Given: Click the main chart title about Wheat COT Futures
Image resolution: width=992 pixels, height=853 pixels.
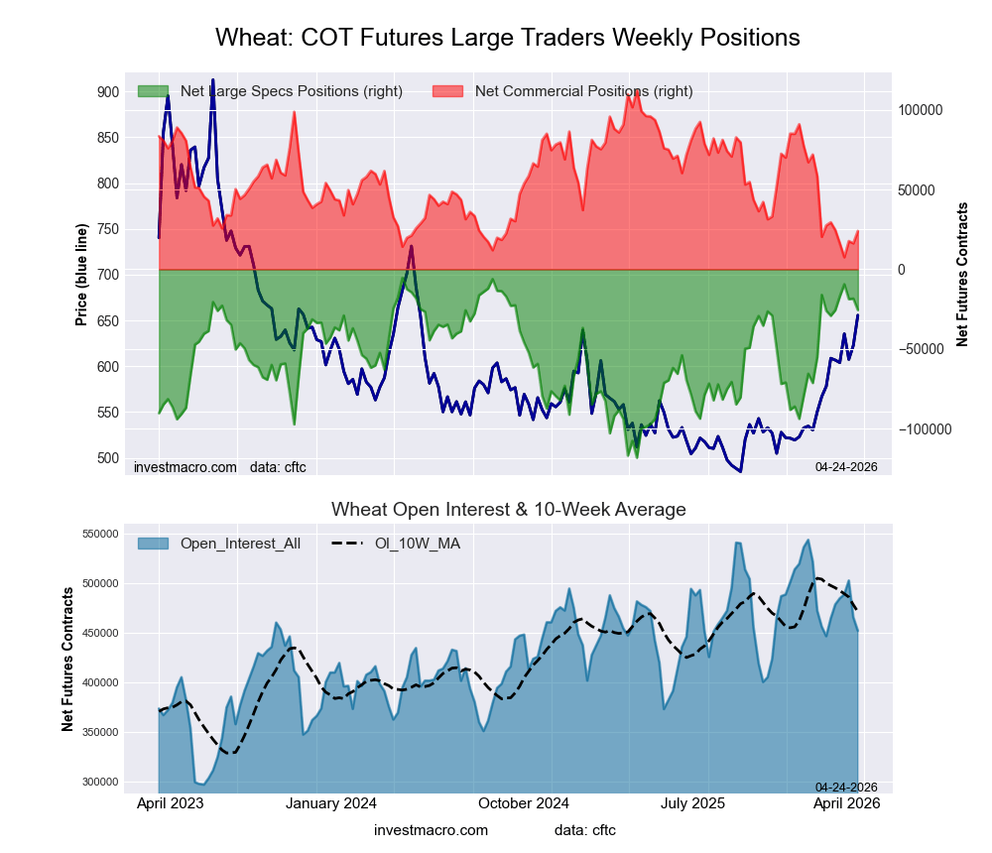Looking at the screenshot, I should click(507, 38).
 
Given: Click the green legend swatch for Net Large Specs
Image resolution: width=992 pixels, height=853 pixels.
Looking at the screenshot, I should click(152, 91).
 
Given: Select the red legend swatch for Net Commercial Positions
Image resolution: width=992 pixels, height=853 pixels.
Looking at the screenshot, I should click(447, 91).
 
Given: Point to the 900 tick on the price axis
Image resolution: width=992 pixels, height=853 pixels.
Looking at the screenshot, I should click(106, 92).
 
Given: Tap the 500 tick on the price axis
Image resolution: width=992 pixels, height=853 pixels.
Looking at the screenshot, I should click(106, 458).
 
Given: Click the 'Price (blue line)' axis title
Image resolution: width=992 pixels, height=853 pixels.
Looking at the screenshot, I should click(81, 277).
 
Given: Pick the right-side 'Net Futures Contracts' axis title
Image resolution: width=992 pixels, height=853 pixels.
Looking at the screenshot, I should click(962, 275).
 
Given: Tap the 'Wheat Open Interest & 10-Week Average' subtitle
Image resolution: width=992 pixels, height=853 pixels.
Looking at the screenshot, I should click(508, 510).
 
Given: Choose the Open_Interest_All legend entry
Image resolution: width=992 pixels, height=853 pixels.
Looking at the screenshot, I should click(218, 543).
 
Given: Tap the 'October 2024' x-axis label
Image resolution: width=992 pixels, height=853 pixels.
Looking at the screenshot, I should click(524, 804).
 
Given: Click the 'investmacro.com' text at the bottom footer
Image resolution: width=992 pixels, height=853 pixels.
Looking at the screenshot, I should click(431, 829).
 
